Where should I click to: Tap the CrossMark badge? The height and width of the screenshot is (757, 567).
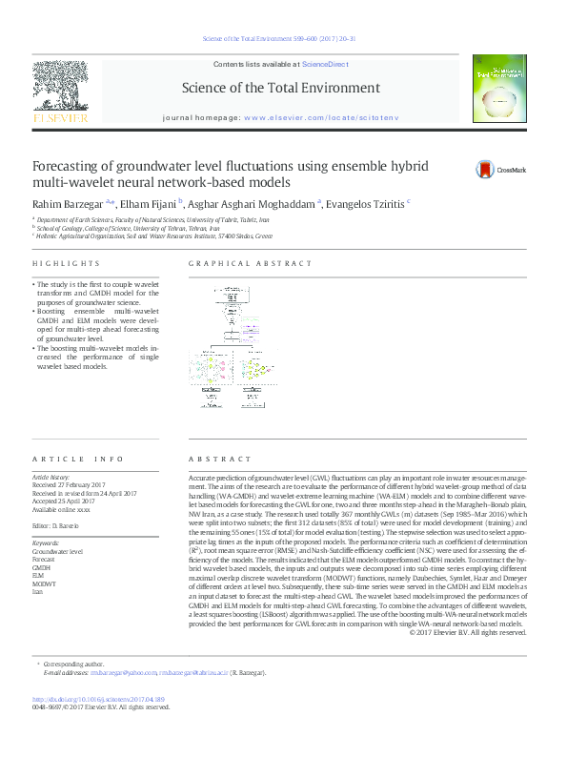click(x=501, y=170)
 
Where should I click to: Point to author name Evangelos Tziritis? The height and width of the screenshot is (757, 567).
click(x=367, y=203)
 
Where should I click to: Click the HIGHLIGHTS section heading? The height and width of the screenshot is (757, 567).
click(x=66, y=263)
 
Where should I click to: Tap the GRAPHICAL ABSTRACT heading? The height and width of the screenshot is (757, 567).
click(x=251, y=263)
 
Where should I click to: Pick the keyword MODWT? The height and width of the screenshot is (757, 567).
click(x=45, y=583)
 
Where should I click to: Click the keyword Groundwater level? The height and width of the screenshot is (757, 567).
click(x=58, y=552)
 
